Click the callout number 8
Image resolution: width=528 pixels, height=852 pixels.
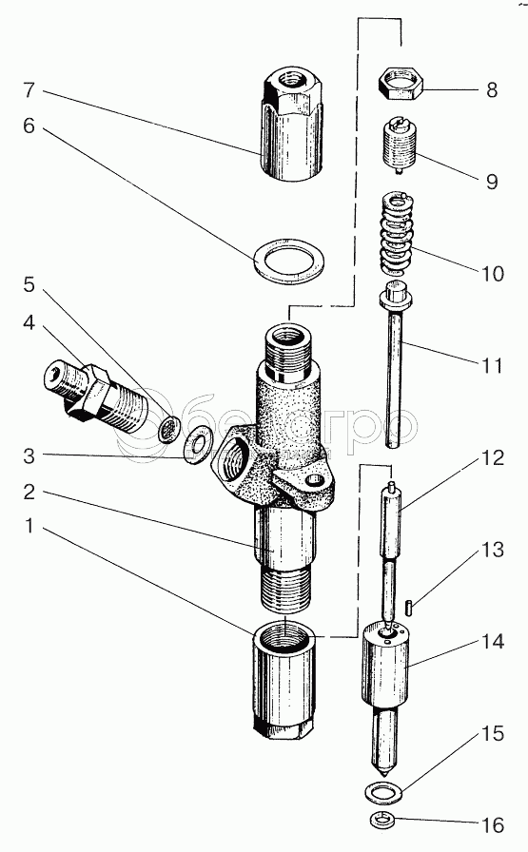[492, 89]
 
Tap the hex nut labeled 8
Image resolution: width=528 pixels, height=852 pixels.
[401, 84]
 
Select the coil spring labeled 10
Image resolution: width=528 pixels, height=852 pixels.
[401, 234]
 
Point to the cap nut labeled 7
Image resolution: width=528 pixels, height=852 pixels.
[291, 125]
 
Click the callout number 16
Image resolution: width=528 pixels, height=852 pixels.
[493, 824]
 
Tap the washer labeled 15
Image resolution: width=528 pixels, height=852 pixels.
[384, 792]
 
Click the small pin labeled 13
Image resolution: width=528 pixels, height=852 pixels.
[409, 607]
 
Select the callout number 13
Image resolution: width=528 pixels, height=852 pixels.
[493, 550]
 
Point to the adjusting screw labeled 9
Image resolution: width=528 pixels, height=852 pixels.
[400, 147]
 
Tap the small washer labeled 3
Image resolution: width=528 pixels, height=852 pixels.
[195, 444]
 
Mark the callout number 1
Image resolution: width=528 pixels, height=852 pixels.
[29, 526]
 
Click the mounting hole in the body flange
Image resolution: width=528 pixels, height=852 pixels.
[313, 480]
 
